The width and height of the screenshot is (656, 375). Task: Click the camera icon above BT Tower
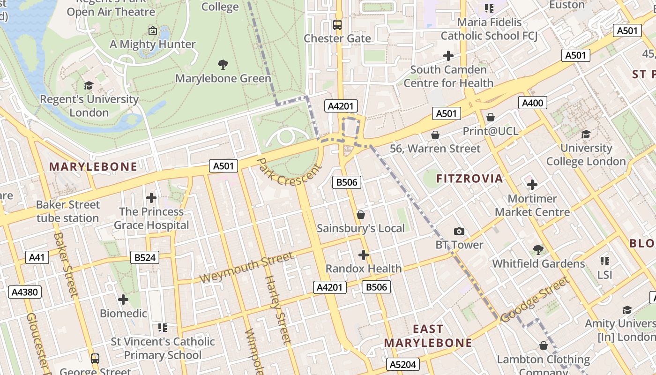[x=459, y=231]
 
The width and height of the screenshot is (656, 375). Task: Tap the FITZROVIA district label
[x=470, y=179]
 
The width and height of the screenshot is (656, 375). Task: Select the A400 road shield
[x=533, y=103]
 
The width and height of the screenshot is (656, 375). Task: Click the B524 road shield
[x=145, y=257]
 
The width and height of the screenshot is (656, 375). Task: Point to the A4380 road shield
[x=24, y=292]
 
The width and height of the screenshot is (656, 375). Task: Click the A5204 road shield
[x=403, y=364]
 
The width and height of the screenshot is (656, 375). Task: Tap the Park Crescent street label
[x=290, y=172]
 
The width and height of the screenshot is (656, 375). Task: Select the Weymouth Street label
[x=246, y=268]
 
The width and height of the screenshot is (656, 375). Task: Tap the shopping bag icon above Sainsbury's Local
[x=360, y=215]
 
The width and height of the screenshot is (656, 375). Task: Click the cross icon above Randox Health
[x=363, y=255]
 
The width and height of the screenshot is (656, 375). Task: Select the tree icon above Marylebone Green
[x=223, y=64]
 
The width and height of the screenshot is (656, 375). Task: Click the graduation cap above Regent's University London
[x=89, y=85]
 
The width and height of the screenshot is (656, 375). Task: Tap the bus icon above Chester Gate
[x=337, y=24]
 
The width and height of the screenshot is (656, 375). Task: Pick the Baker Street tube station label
[x=68, y=211]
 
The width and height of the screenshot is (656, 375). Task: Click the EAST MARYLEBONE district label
[x=428, y=336]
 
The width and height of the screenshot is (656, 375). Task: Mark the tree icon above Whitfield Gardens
[x=538, y=250]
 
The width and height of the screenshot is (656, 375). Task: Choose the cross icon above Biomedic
[x=123, y=299]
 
